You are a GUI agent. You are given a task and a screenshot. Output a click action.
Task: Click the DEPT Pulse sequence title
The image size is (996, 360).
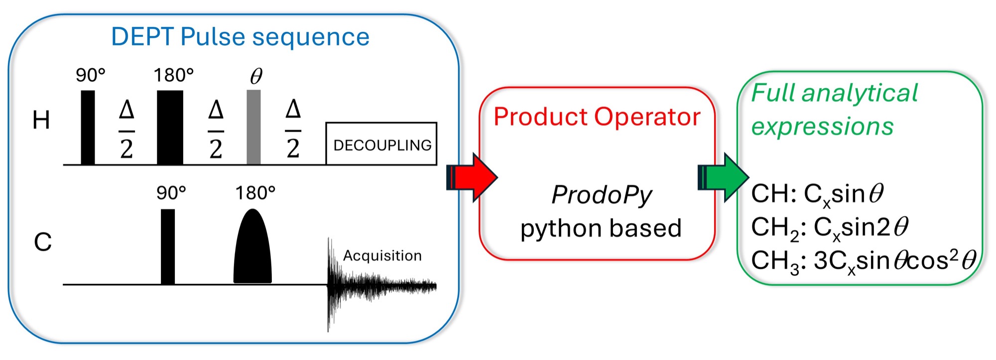pos(240,37)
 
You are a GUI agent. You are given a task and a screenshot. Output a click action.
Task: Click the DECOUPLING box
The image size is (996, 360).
pos(381,144)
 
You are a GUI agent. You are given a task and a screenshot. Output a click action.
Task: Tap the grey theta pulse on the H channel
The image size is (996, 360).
pos(253,127)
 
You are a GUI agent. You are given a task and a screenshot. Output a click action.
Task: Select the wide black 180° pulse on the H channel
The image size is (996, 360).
pos(170,127)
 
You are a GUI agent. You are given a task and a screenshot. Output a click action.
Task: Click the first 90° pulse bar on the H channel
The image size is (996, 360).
pos(88,127)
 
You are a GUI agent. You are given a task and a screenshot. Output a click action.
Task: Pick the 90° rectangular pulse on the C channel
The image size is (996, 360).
pos(168,247)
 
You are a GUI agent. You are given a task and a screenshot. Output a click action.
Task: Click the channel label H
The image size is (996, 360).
pos(41,120)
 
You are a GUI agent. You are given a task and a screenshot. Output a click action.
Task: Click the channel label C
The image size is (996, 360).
pos(43,242)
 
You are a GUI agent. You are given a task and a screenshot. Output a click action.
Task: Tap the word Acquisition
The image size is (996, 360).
pos(382,256)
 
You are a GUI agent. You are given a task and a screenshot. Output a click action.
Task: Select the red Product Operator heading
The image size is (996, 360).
pos(597,117)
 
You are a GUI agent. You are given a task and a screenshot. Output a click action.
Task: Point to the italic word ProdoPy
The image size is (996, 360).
pos(602,195)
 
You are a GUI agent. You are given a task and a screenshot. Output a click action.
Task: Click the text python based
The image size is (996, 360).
pos(601,229)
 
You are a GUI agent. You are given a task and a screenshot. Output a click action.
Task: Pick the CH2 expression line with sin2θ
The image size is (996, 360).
pos(830,228)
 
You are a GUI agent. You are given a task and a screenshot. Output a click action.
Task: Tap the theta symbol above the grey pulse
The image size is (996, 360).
pos(256,76)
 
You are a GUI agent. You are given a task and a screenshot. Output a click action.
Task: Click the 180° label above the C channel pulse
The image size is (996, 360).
pos(255,193)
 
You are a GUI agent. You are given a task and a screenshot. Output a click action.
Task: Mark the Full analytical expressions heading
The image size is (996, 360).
pos(834,110)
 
